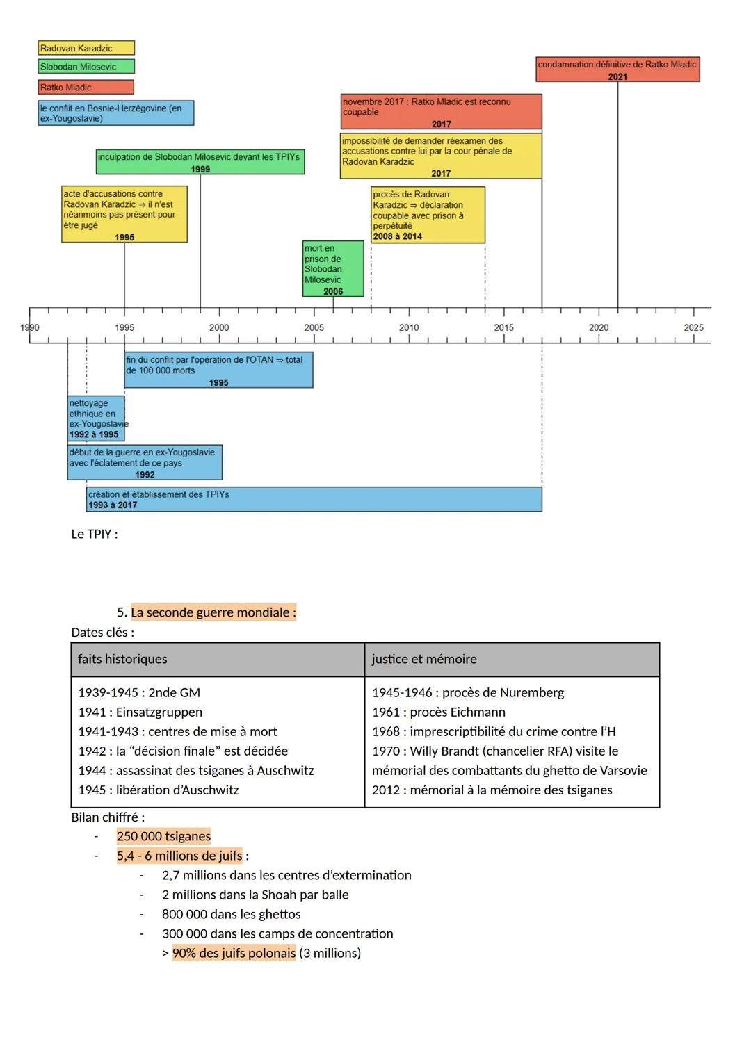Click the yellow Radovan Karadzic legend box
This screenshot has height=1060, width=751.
tap(86, 48)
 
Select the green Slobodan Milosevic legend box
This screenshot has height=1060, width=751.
tap(86, 67)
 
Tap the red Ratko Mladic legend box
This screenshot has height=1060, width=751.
tap(86, 88)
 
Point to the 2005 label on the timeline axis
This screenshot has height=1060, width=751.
tap(314, 327)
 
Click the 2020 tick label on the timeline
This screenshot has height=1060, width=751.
tap(599, 327)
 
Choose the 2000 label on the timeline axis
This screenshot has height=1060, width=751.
tap(219, 327)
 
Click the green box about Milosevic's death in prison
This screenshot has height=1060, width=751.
tap(333, 268)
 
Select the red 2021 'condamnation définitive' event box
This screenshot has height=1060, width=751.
tap(617, 70)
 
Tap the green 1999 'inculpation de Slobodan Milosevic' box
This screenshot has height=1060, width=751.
tap(200, 162)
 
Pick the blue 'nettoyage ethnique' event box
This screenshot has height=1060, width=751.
tap(96, 418)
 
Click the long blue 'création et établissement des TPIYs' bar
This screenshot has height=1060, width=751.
tap(314, 499)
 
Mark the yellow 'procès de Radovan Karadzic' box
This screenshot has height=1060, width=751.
tap(428, 215)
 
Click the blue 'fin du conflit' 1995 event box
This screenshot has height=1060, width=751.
tap(218, 370)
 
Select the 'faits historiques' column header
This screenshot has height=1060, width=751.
tap(122, 659)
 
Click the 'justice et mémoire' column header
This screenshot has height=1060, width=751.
tap(424, 659)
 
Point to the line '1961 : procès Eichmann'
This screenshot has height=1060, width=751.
tap(439, 712)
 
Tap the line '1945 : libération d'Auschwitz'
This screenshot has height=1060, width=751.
tap(159, 790)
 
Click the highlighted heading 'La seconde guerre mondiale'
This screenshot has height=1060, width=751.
tap(213, 612)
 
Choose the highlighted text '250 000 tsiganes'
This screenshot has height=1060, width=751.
tap(163, 836)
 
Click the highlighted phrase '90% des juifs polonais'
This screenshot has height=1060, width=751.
tap(234, 953)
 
